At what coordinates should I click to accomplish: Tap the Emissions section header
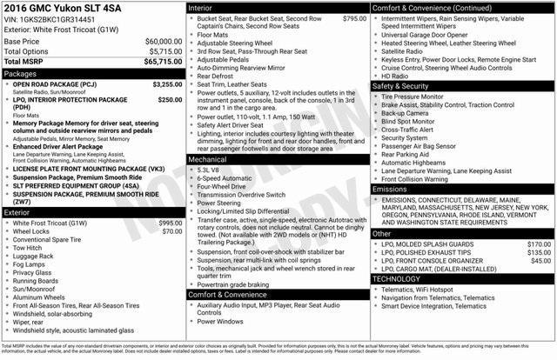tap(390, 188)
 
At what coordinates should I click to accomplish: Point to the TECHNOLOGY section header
tap(403, 279)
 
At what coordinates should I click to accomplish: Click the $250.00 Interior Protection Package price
tap(170, 100)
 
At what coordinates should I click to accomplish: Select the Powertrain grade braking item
tap(238, 283)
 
